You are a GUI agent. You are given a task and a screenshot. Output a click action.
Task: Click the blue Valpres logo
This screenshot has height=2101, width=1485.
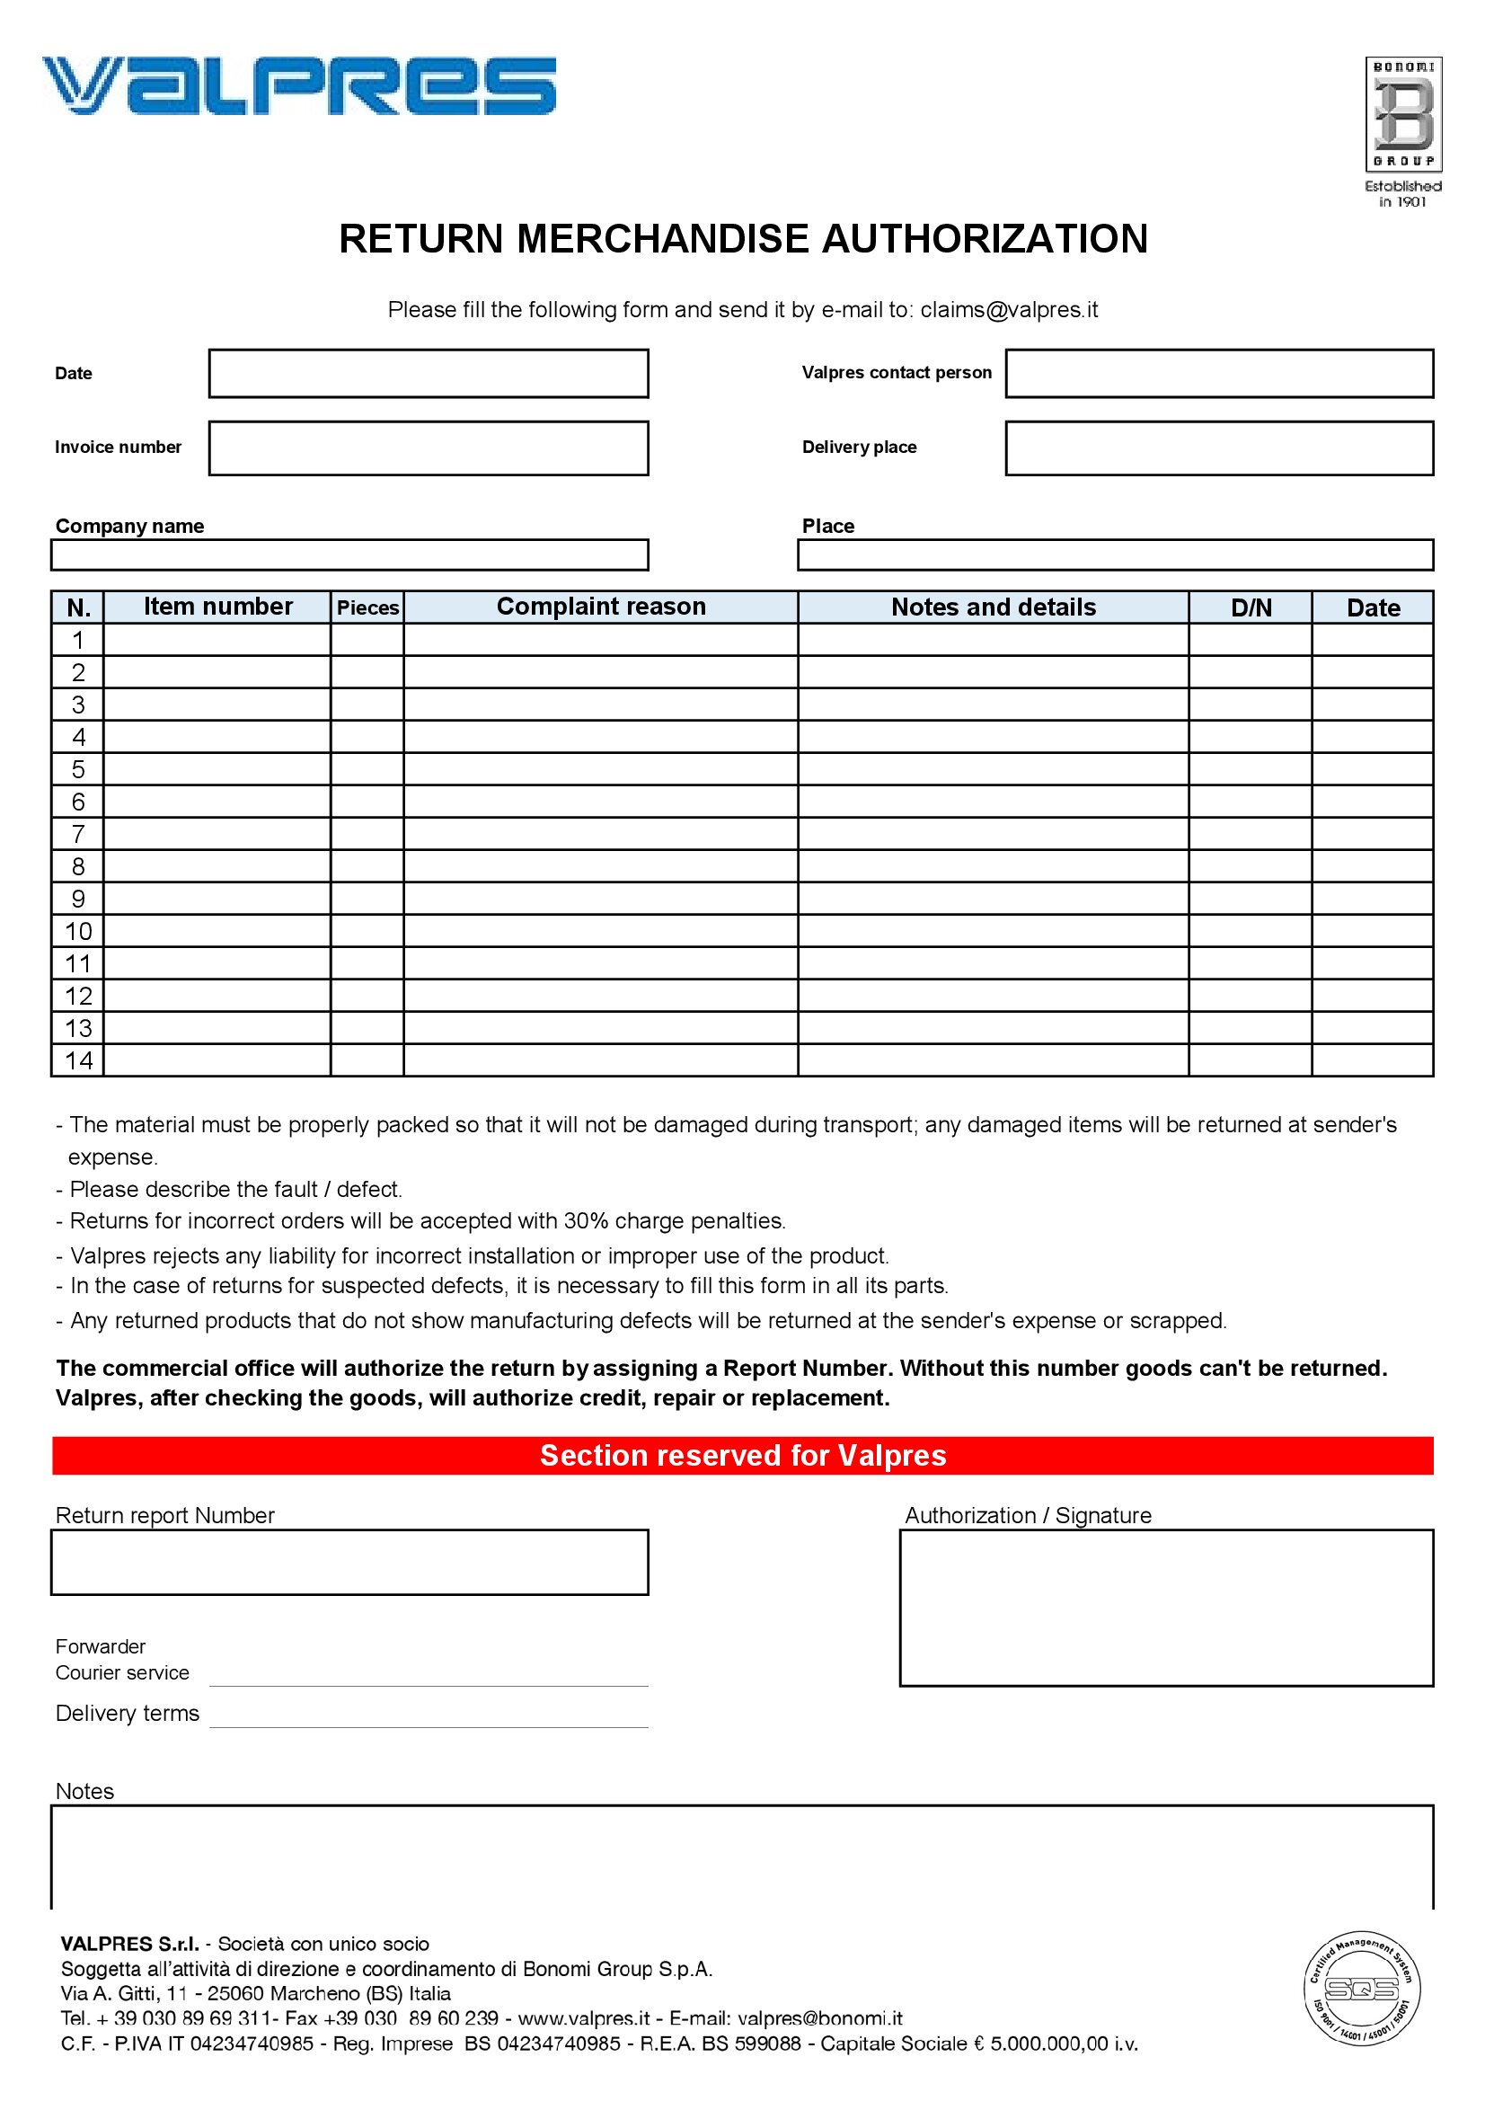298,86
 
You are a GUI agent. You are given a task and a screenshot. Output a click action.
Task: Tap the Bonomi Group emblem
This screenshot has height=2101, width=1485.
1403,114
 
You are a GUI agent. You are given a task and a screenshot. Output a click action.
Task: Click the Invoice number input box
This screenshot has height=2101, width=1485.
429,448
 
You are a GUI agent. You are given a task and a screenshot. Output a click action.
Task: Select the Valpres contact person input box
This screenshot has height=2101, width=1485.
1219,373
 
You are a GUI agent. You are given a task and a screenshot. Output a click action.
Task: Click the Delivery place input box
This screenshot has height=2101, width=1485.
1219,448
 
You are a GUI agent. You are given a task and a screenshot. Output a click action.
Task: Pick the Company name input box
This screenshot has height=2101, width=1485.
349,555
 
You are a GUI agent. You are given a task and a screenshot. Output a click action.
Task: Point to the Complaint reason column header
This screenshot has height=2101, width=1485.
600,607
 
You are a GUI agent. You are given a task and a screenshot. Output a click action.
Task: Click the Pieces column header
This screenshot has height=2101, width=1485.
367,607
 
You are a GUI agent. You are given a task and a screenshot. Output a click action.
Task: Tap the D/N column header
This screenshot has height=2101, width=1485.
1250,607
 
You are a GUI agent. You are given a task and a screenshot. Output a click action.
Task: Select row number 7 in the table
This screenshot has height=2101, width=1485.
78,834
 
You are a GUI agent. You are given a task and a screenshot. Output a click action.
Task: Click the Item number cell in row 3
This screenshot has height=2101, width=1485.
217,705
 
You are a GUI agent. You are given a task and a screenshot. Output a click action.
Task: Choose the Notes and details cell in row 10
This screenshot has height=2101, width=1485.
993,931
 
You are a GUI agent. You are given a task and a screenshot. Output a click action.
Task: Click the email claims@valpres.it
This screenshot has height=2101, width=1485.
1008,310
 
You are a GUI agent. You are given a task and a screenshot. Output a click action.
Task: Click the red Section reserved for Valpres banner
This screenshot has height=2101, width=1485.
742,1455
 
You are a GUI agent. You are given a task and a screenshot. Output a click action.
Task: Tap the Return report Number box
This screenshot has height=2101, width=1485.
349,1562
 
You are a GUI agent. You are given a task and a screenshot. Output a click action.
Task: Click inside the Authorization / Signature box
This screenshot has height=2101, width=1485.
1166,1607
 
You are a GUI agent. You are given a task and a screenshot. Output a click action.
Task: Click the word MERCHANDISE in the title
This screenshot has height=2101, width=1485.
662,239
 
